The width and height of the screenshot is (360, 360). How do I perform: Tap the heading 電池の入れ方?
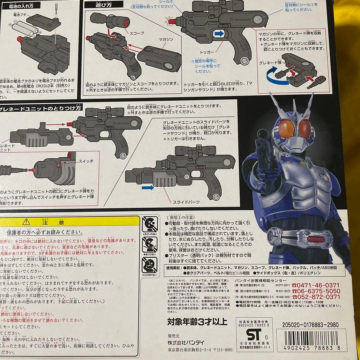click(x=22, y=6)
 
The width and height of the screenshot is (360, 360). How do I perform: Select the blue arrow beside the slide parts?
click(x=147, y=188)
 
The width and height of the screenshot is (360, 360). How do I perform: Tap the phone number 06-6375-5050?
click(x=318, y=291)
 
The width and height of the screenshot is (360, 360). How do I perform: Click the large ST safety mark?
click(x=253, y=334)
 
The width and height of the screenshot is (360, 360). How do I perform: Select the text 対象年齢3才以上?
click(x=197, y=322)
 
